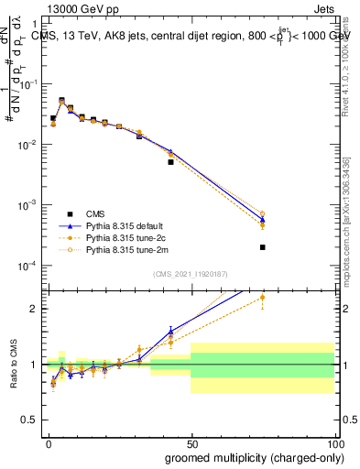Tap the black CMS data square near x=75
pyautogui.click(x=262, y=247)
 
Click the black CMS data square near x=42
pyautogui.click(x=170, y=162)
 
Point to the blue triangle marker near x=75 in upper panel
pyautogui.click(x=262, y=220)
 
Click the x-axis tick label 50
pyautogui.click(x=191, y=443)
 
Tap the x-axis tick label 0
pyautogui.click(x=49, y=443)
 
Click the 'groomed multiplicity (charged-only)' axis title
pyautogui.click(x=249, y=457)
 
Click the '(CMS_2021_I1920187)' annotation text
pyautogui.click(x=190, y=274)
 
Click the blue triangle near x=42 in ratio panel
pyautogui.click(x=170, y=332)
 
